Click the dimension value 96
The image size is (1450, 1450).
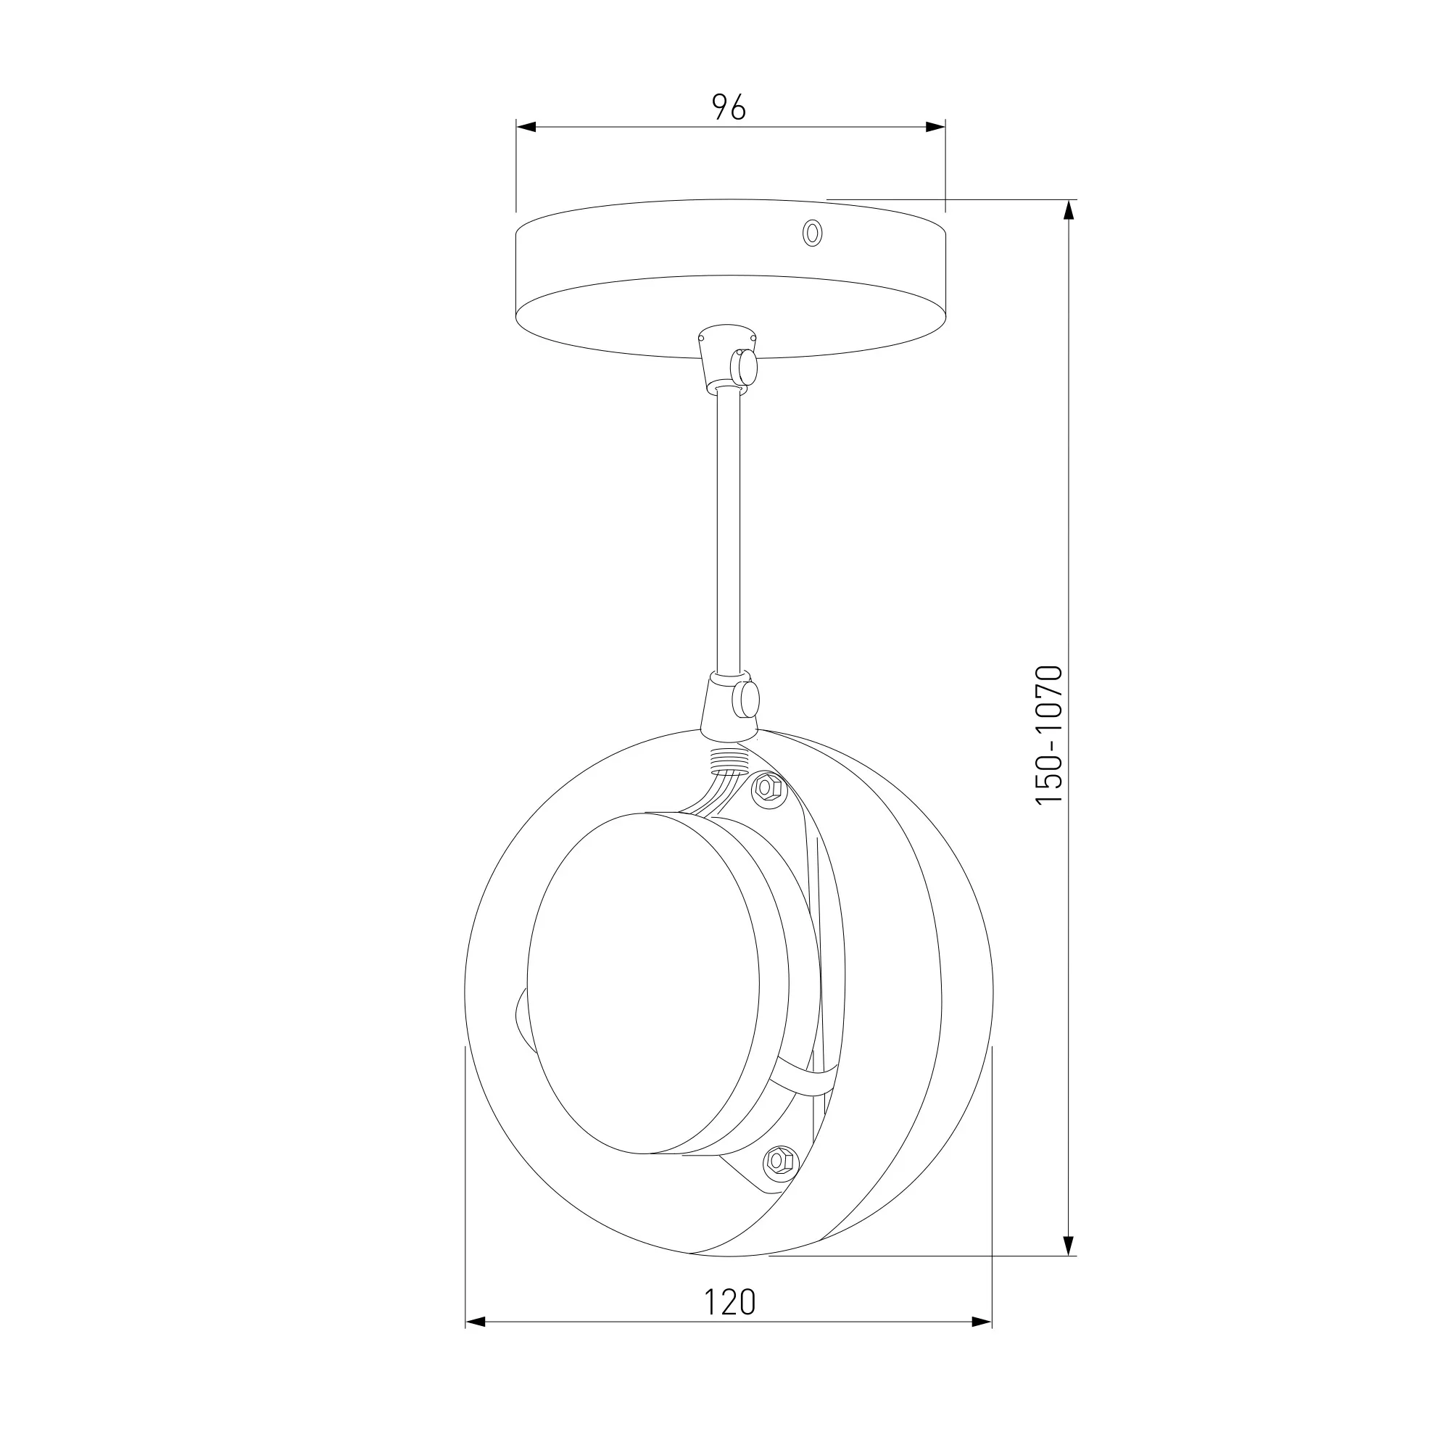coord(729,108)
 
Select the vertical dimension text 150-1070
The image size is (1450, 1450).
coord(1049,735)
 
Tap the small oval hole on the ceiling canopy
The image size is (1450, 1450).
coord(811,233)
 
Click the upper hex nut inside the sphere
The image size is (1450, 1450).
coord(767,787)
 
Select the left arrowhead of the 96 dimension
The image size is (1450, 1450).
coord(526,127)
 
